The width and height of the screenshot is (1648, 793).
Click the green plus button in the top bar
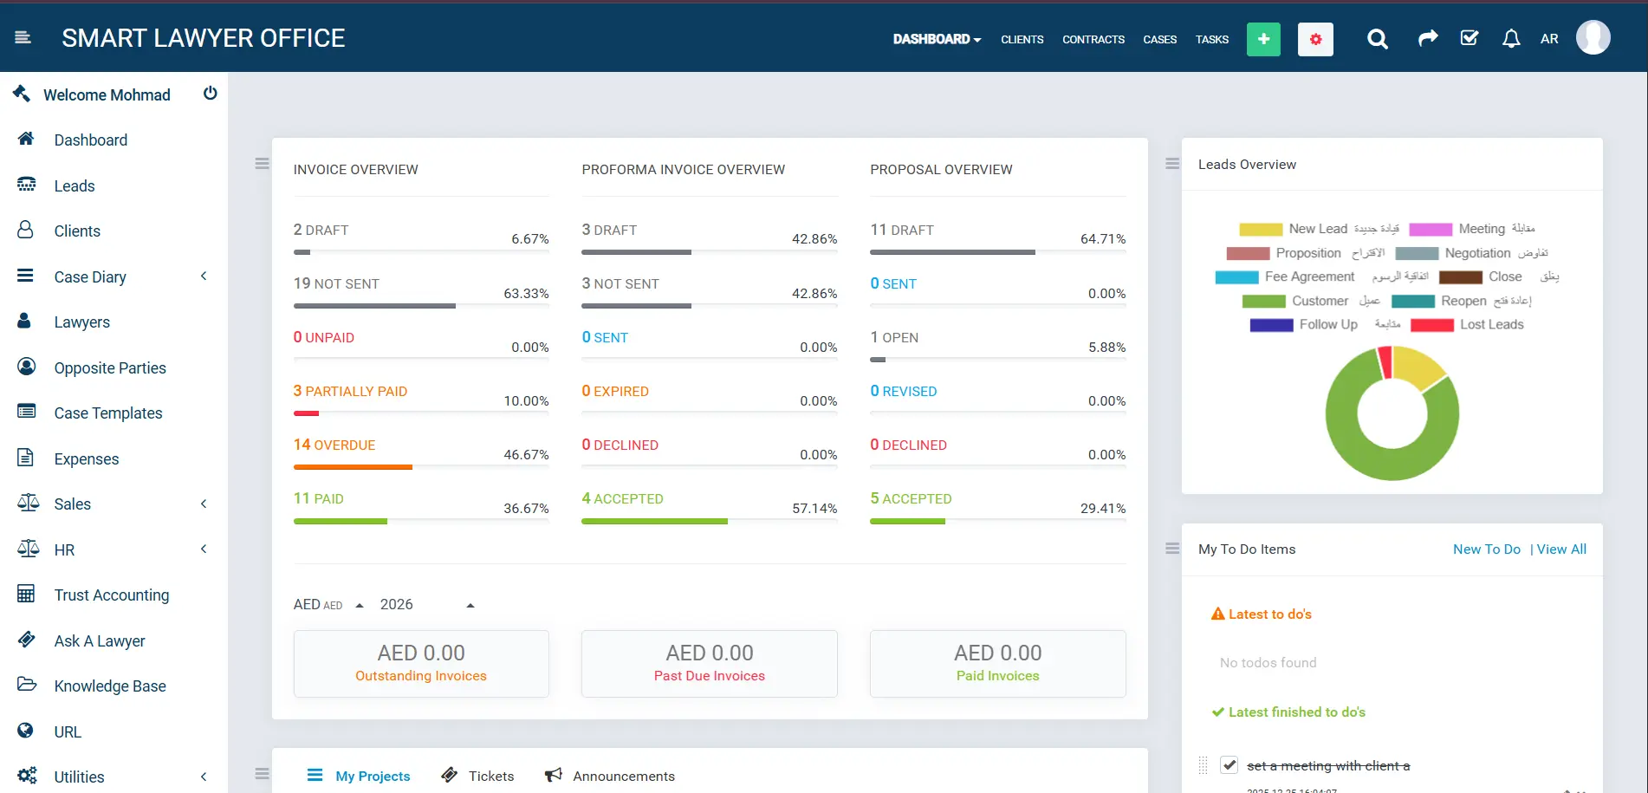pyautogui.click(x=1262, y=39)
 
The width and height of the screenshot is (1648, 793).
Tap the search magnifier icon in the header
pyautogui.click(x=1377, y=39)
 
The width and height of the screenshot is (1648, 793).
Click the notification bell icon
pyautogui.click(x=1511, y=39)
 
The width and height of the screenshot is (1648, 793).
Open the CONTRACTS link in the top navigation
pyautogui.click(x=1093, y=40)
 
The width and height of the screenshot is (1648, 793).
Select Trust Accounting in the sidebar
pyautogui.click(x=111, y=595)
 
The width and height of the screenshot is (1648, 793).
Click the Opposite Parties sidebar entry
pyautogui.click(x=109, y=368)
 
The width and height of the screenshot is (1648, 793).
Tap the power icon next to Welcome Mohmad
pyautogui.click(x=210, y=94)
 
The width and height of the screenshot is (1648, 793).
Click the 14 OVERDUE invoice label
pyautogui.click(x=334, y=445)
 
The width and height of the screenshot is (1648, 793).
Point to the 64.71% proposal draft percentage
pyautogui.click(x=1102, y=239)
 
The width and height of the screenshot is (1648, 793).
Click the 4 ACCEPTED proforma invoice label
pyautogui.click(x=622, y=499)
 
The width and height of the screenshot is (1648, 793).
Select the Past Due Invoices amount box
pyautogui.click(x=709, y=664)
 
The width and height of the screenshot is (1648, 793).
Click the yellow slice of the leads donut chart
pyautogui.click(x=1417, y=367)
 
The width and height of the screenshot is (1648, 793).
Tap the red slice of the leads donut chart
pyautogui.click(x=1385, y=361)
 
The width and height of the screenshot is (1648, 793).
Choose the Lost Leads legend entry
pyautogui.click(x=1490, y=325)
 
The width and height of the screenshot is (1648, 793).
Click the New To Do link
pyautogui.click(x=1486, y=549)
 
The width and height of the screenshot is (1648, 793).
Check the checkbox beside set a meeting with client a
pyautogui.click(x=1229, y=765)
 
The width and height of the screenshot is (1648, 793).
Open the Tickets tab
pyautogui.click(x=490, y=777)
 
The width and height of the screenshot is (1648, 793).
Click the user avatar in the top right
pyautogui.click(x=1593, y=38)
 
